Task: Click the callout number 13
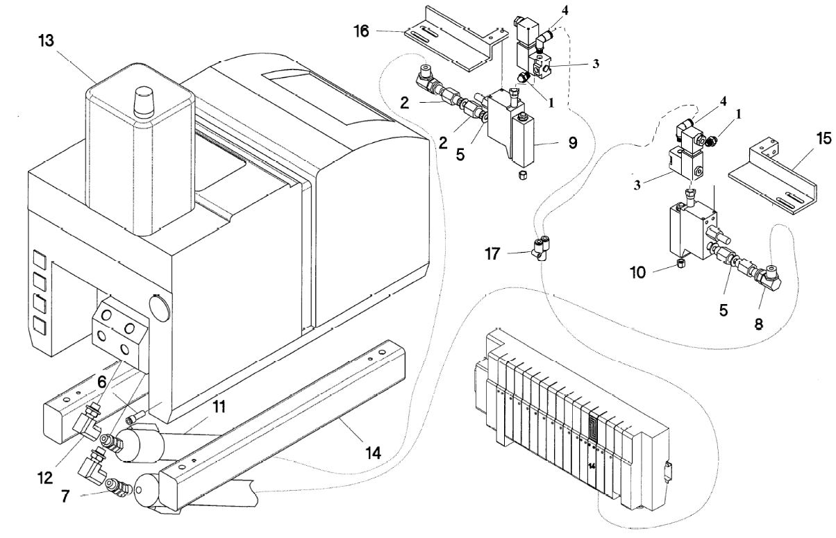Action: click(x=47, y=41)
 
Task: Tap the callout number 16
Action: click(x=361, y=31)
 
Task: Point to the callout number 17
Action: click(x=492, y=253)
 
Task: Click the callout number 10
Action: click(x=638, y=273)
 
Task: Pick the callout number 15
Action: click(x=824, y=138)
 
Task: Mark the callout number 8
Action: click(x=759, y=324)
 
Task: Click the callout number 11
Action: click(x=219, y=406)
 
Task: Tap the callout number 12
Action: click(x=45, y=478)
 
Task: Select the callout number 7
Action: click(x=65, y=496)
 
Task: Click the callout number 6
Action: click(x=102, y=382)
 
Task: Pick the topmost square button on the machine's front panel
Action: click(x=40, y=260)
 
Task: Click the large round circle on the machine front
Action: click(x=160, y=308)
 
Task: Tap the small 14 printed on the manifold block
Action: click(x=592, y=466)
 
